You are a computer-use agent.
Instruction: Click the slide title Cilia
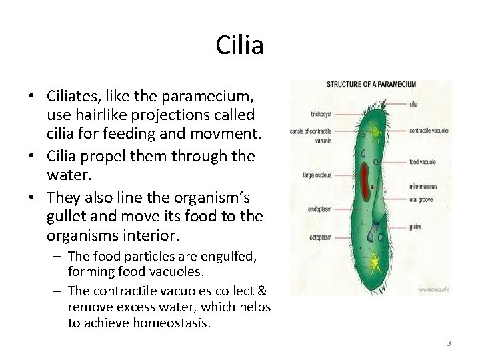[240, 46]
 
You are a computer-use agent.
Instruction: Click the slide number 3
[449, 343]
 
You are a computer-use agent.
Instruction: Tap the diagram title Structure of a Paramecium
[371, 85]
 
